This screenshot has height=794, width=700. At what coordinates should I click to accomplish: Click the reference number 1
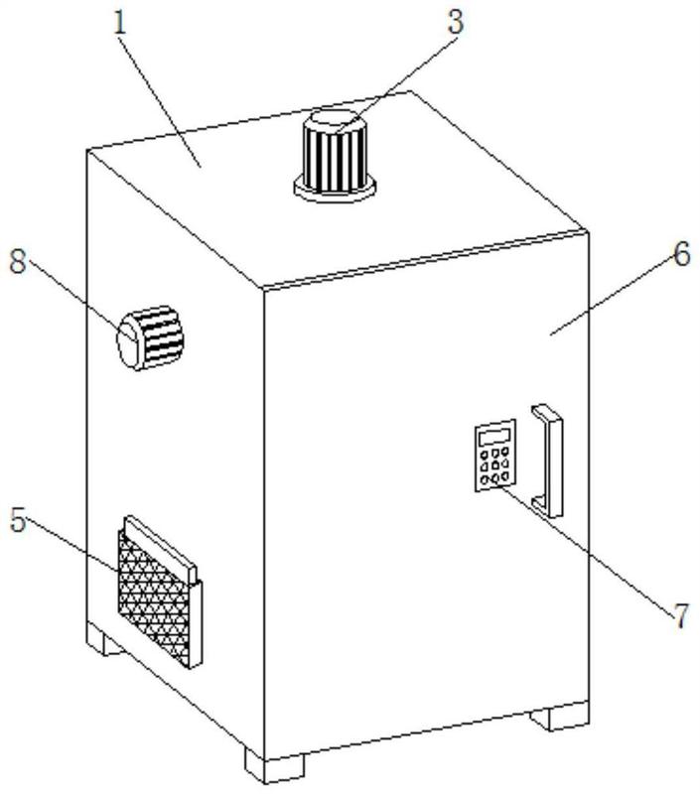pos(120,23)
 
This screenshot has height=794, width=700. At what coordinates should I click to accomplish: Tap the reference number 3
pos(456,23)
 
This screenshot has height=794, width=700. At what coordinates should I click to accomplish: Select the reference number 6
pos(682,254)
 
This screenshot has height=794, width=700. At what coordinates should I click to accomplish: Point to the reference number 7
pos(681,615)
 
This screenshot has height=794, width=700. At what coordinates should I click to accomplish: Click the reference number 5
pos(18,520)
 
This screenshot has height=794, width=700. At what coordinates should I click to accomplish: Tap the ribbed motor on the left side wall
pos(151,337)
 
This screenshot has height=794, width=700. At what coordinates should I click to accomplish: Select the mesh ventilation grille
pos(154,598)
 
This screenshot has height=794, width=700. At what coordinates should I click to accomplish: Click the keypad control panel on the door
pos(495,456)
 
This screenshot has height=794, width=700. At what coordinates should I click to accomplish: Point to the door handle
pos(547,461)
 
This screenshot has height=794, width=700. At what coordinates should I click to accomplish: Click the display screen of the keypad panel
pos(494,437)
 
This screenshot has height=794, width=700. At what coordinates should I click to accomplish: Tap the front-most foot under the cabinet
pos(275,768)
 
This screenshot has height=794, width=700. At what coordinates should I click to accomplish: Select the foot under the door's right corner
pos(560,717)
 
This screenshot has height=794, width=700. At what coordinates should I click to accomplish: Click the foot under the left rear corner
pos(104,639)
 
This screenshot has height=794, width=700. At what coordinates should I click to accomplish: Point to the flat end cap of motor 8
pos(127,340)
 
